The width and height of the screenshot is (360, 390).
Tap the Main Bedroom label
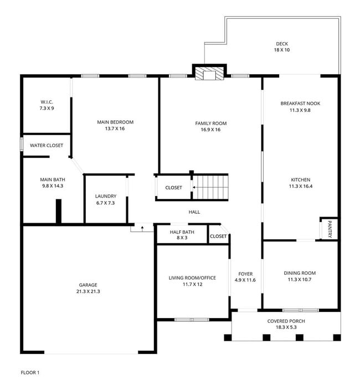(x=115, y=122)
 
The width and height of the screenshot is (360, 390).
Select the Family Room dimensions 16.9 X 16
(x=210, y=130)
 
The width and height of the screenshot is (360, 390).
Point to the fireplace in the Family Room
(x=209, y=75)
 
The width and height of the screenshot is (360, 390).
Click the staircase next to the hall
(x=210, y=187)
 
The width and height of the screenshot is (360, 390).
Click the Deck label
(x=282, y=44)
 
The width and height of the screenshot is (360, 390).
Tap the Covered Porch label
(x=286, y=321)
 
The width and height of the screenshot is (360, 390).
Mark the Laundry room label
(x=105, y=196)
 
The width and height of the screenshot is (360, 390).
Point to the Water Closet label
(x=47, y=146)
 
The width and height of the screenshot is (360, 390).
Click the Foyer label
(x=245, y=274)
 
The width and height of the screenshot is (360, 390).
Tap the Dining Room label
(x=300, y=273)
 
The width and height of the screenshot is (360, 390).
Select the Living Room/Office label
(x=192, y=278)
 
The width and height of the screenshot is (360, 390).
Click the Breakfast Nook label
(x=300, y=103)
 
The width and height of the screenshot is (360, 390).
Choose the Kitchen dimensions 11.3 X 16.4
(x=300, y=187)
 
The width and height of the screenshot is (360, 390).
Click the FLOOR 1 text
(x=30, y=373)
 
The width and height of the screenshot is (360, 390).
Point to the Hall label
(x=194, y=212)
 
